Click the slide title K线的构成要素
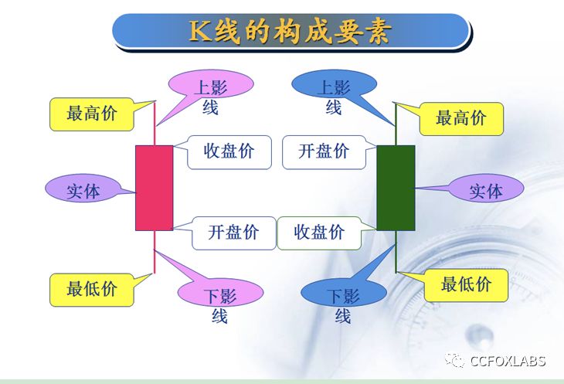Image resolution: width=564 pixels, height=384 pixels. pos(290,31)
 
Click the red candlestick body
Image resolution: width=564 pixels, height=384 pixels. pos(155,188)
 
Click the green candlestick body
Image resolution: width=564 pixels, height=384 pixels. pos(396,188)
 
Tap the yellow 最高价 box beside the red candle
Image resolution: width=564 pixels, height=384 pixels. pos(92,114)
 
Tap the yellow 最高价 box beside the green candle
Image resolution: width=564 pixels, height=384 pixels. pos(461,119)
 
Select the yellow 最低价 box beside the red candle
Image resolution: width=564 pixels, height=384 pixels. pos(92,290)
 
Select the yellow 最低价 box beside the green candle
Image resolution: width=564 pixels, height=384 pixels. pos(466,285)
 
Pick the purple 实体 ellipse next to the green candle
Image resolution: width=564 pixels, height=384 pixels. pos(486,188)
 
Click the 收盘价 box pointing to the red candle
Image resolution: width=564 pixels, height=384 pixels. pos(229,152)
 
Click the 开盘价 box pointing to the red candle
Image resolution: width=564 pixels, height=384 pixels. pos(234,233)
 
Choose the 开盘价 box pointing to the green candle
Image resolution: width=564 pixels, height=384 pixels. pos(324,152)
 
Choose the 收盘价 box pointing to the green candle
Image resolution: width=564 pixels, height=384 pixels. pos(319,233)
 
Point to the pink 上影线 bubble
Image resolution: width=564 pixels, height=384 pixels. pos(211,84)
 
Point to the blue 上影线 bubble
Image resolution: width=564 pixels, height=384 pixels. pos(335,84)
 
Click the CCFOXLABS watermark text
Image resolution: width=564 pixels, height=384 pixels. pos(508,361)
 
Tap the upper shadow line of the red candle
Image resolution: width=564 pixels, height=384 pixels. pos(155,124)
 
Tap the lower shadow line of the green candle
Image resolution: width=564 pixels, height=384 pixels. pos(396,252)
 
